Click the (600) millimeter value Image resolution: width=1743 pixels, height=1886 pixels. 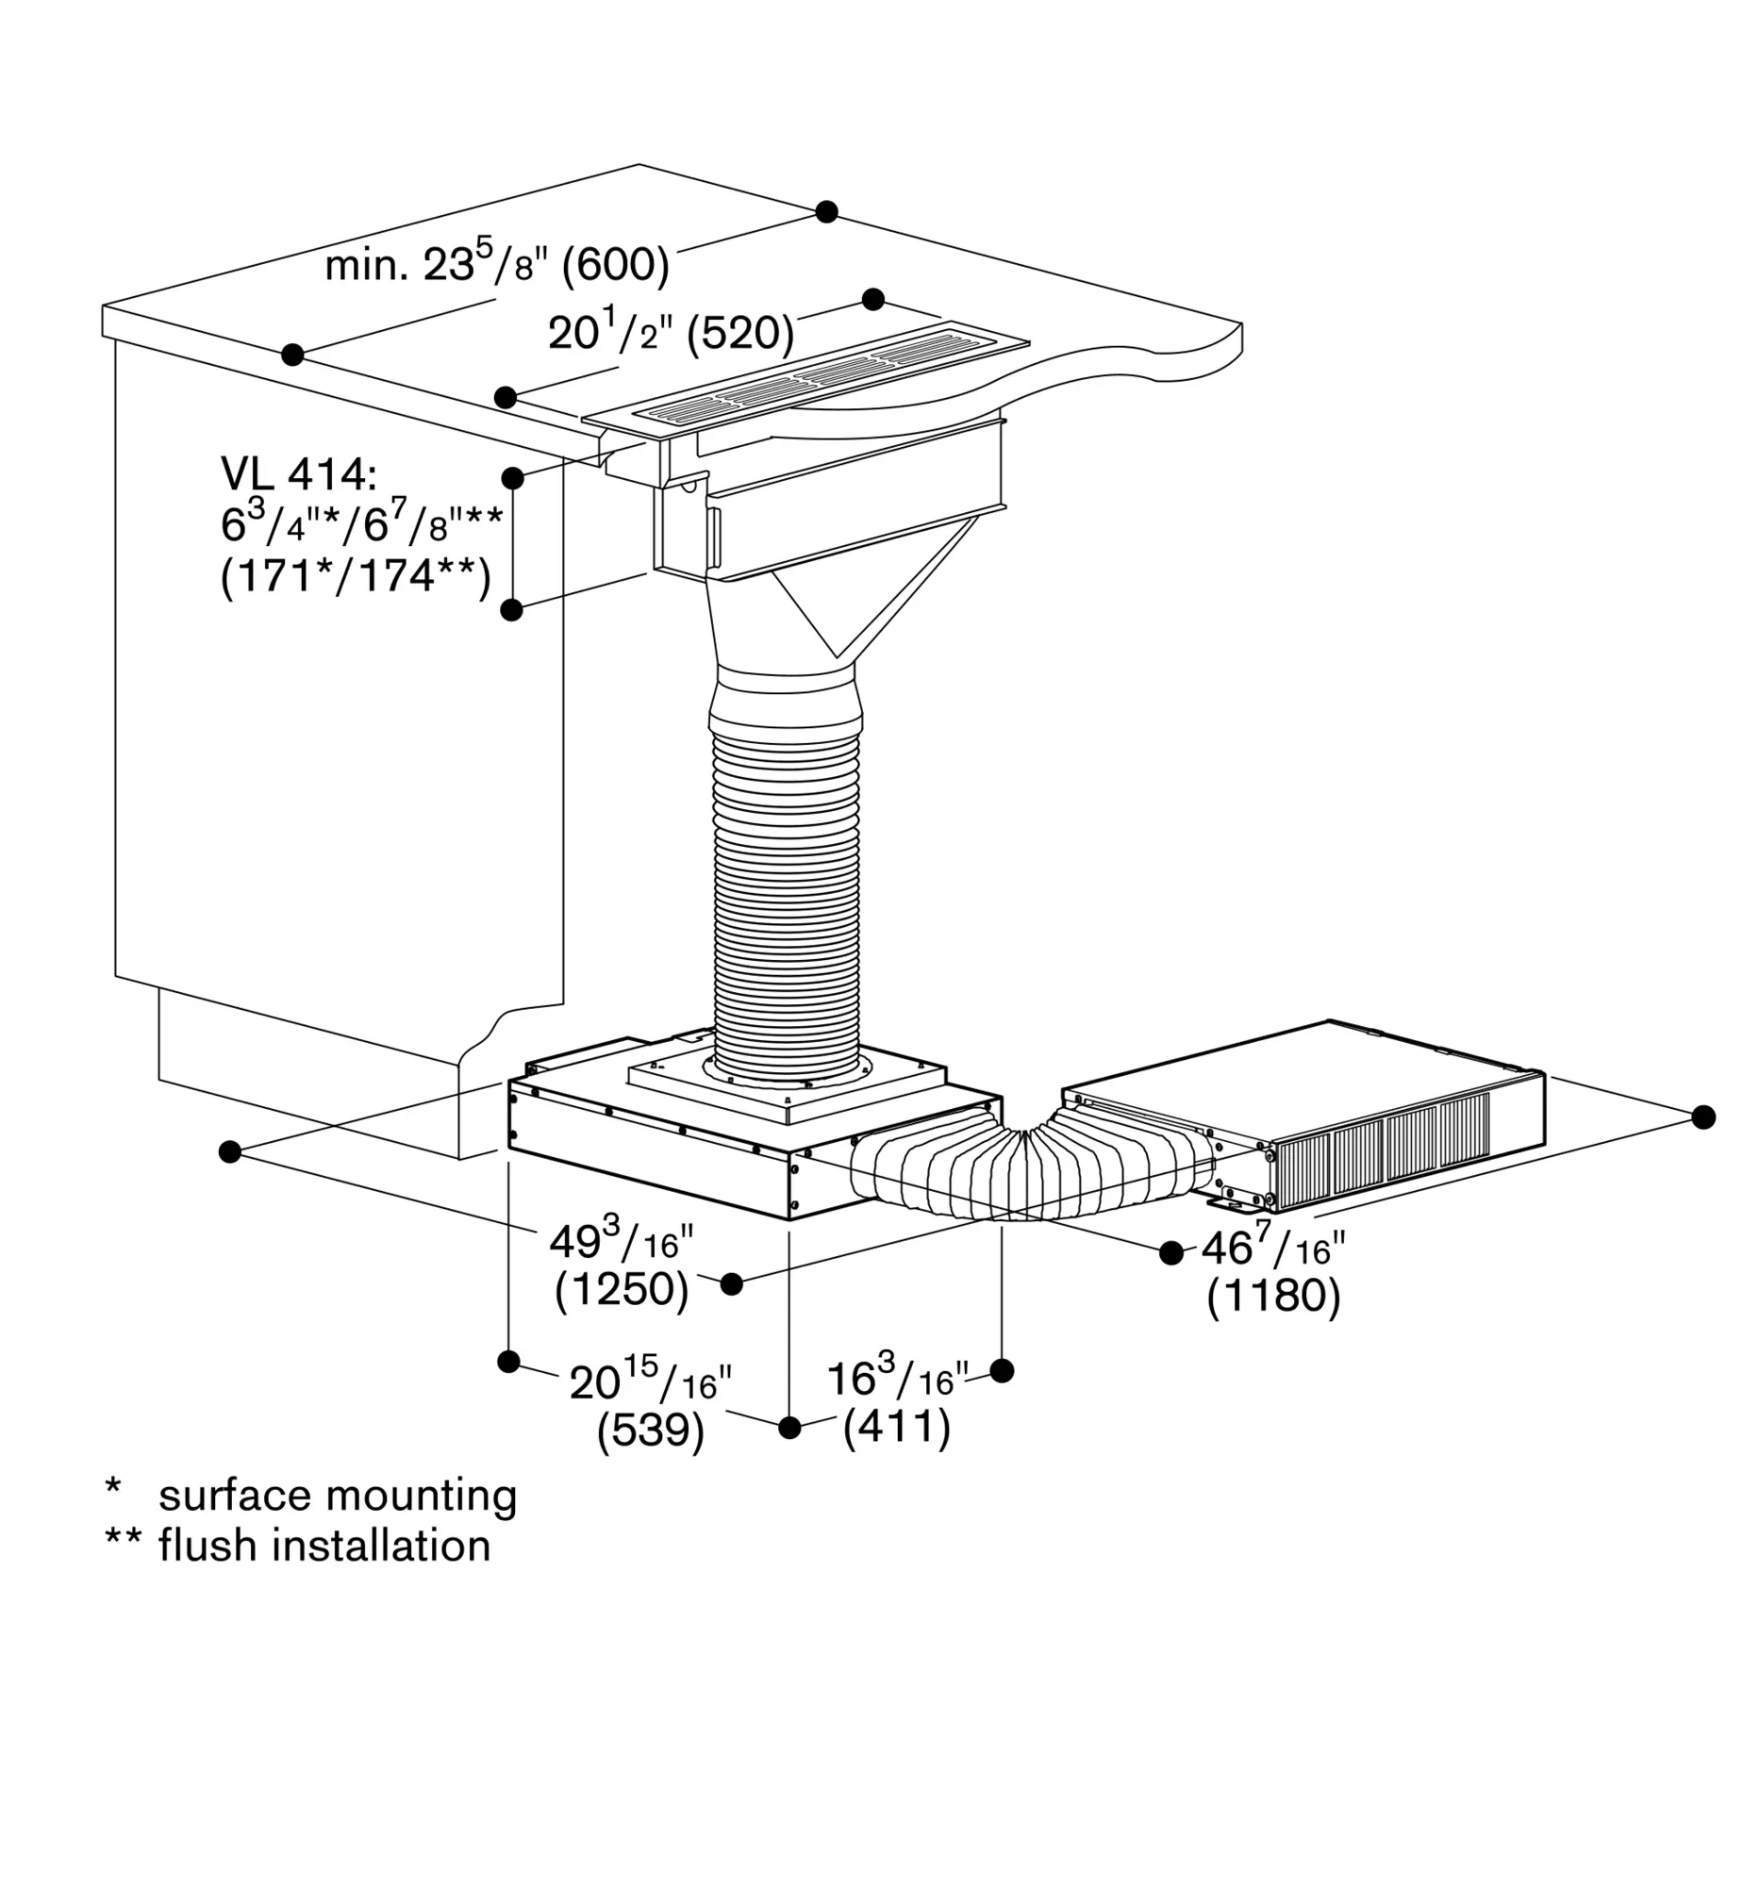[615, 265]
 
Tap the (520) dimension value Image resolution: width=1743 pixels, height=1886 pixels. [739, 333]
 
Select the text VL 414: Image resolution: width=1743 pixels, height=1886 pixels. [298, 474]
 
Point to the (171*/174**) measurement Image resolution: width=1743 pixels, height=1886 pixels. [356, 575]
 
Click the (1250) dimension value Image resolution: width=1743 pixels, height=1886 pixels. [622, 1289]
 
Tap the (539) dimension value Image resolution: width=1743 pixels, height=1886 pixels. [651, 1431]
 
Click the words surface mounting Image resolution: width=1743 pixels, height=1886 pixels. [338, 1496]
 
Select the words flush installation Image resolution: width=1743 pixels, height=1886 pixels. [324, 1547]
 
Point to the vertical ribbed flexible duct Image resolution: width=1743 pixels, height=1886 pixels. [788, 896]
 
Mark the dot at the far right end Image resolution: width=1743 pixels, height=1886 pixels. [1703, 1117]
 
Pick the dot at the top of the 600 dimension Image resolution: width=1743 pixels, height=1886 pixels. [827, 211]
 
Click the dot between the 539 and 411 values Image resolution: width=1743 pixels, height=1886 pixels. [789, 1427]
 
